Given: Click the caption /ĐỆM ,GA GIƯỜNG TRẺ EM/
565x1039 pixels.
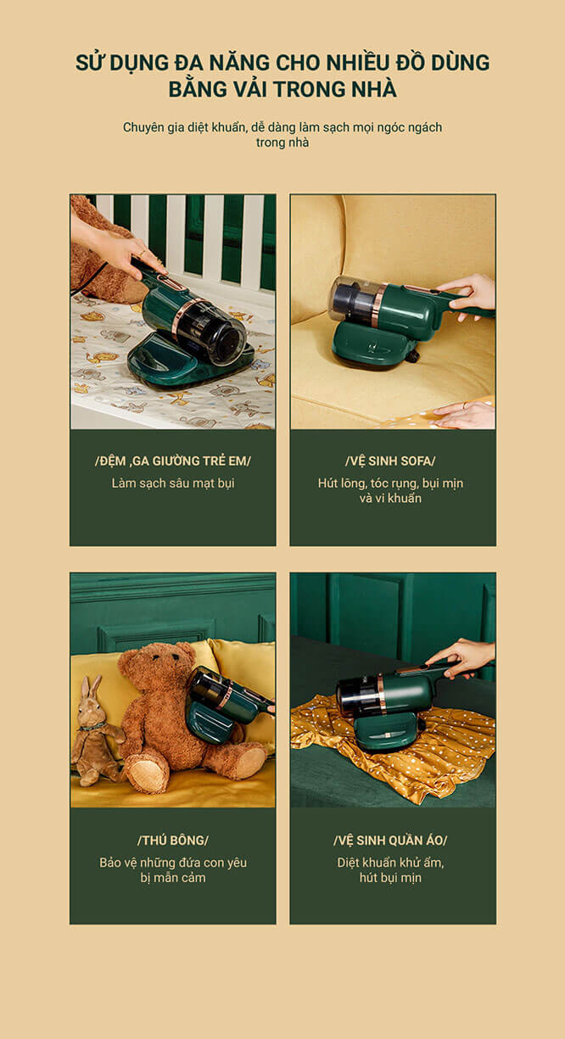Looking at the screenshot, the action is (172, 461).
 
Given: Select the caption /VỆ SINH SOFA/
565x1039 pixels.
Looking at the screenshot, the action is (390, 461).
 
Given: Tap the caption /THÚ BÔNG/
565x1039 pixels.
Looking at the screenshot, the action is (172, 840).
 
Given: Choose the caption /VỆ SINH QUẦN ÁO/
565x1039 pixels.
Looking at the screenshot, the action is (390, 840).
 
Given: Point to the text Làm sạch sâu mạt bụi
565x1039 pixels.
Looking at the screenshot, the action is (172, 483).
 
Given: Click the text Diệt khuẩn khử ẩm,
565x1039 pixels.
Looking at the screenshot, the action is (390, 863).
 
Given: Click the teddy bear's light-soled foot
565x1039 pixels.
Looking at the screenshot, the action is (147, 774).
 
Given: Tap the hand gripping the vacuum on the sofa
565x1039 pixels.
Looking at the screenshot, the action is (467, 296).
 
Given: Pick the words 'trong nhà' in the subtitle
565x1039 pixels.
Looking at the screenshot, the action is (282, 142).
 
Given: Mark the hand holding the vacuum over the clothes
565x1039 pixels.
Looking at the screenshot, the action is (462, 656).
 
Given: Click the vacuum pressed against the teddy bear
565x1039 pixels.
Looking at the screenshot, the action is (227, 704).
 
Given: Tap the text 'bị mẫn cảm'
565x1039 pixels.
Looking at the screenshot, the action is (172, 878).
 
